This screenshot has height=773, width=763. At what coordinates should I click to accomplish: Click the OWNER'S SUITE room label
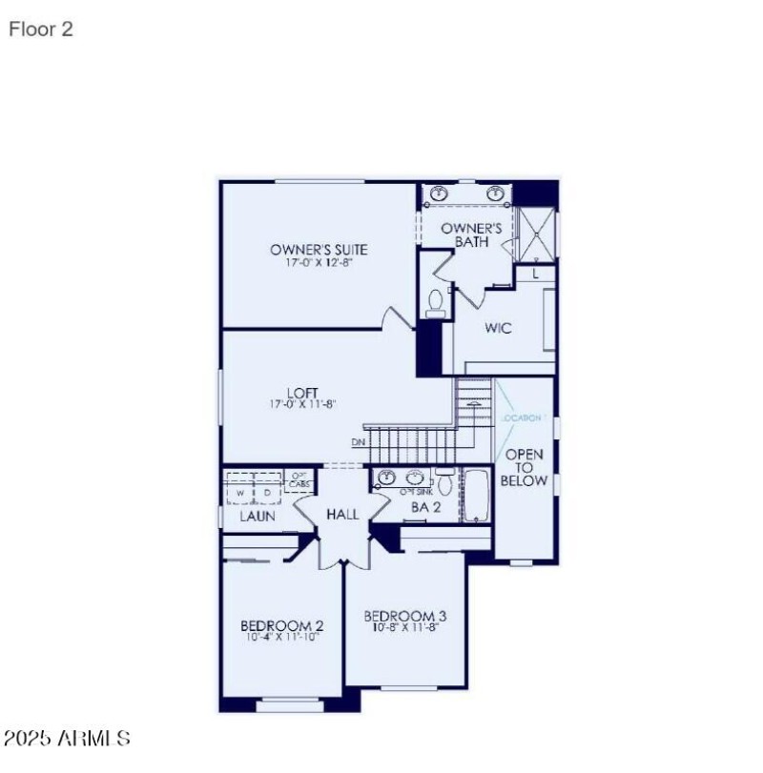[x=319, y=250]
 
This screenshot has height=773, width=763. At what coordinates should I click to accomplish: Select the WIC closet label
[x=498, y=329]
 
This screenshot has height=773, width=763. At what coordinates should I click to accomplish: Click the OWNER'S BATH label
[x=471, y=235]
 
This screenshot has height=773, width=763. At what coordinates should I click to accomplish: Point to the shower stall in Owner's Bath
[x=534, y=234]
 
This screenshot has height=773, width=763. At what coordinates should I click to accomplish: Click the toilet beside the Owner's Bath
[x=436, y=302]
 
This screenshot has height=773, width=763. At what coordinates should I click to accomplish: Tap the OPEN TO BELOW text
[x=526, y=467]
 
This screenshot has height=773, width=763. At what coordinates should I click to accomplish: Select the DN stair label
[x=358, y=442]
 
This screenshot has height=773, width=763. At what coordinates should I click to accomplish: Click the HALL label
[x=342, y=515]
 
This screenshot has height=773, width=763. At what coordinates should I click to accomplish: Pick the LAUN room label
[x=258, y=516]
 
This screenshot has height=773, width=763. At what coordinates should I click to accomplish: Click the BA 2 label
[x=424, y=508]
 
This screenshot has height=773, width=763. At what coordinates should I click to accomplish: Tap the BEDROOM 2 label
[x=281, y=626]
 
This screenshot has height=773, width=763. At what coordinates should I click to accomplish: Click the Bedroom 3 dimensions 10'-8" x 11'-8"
[x=404, y=628]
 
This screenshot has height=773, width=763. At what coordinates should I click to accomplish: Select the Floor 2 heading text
[x=41, y=30]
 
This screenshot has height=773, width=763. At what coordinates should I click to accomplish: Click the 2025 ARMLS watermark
[x=67, y=739]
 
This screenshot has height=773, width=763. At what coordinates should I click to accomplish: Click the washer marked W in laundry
[x=242, y=492]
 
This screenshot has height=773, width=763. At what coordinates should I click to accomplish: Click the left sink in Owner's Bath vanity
[x=439, y=194]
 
